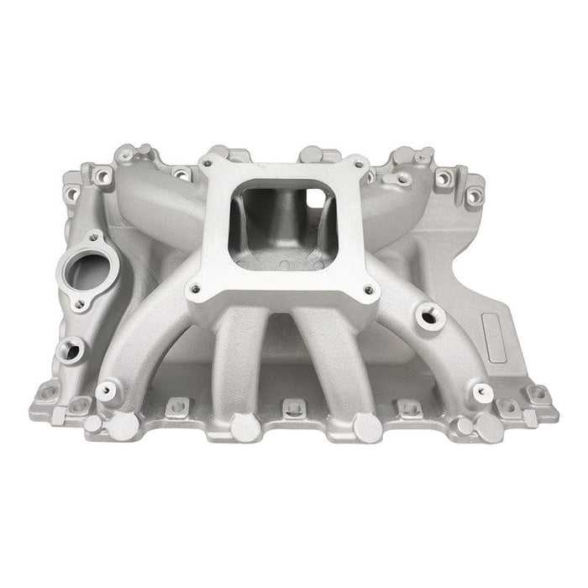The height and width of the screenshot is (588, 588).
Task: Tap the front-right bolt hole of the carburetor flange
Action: point(368,292)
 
